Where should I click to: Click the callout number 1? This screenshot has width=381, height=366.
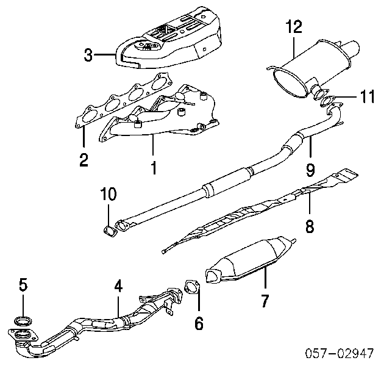point(153,165)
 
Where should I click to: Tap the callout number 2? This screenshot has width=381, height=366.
point(84,160)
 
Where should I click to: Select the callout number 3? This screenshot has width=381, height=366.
point(88,57)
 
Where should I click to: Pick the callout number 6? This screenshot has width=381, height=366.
point(198,324)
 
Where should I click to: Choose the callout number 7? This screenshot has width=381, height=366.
point(265,301)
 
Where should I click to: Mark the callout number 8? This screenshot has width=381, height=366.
point(310,227)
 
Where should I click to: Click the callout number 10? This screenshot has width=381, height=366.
point(108,195)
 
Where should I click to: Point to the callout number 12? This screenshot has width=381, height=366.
point(293,27)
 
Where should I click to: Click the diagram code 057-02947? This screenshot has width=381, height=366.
point(340,353)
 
